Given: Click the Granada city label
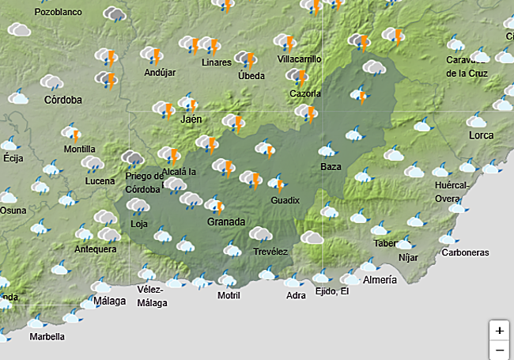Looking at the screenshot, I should pyautogui.click(x=226, y=222).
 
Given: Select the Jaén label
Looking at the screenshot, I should pyautogui.click(x=191, y=119).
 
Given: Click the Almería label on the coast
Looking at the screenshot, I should pyautogui.click(x=380, y=280).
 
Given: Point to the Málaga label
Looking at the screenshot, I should pyautogui.click(x=109, y=301).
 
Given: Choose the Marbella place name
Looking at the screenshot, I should pyautogui.click(x=47, y=336).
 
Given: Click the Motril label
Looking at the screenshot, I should pyautogui.click(x=229, y=296).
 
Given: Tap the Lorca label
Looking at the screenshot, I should pyautogui.click(x=481, y=136).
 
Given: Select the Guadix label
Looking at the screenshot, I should pyautogui.click(x=285, y=201).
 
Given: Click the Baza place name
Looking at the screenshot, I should pyautogui.click(x=331, y=167).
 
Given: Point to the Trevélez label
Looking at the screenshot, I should pyautogui.click(x=270, y=252).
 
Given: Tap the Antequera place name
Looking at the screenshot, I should pyautogui.click(x=96, y=249).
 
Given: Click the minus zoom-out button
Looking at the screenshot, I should pyautogui.click(x=499, y=349).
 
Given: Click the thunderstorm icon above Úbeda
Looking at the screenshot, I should pyautogui.click(x=248, y=60).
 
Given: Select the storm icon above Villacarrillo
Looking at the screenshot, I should pyautogui.click(x=285, y=42).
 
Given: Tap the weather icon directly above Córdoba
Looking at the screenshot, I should pyautogui.click(x=51, y=81).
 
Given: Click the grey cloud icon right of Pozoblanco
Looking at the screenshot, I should pyautogui.click(x=116, y=14).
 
